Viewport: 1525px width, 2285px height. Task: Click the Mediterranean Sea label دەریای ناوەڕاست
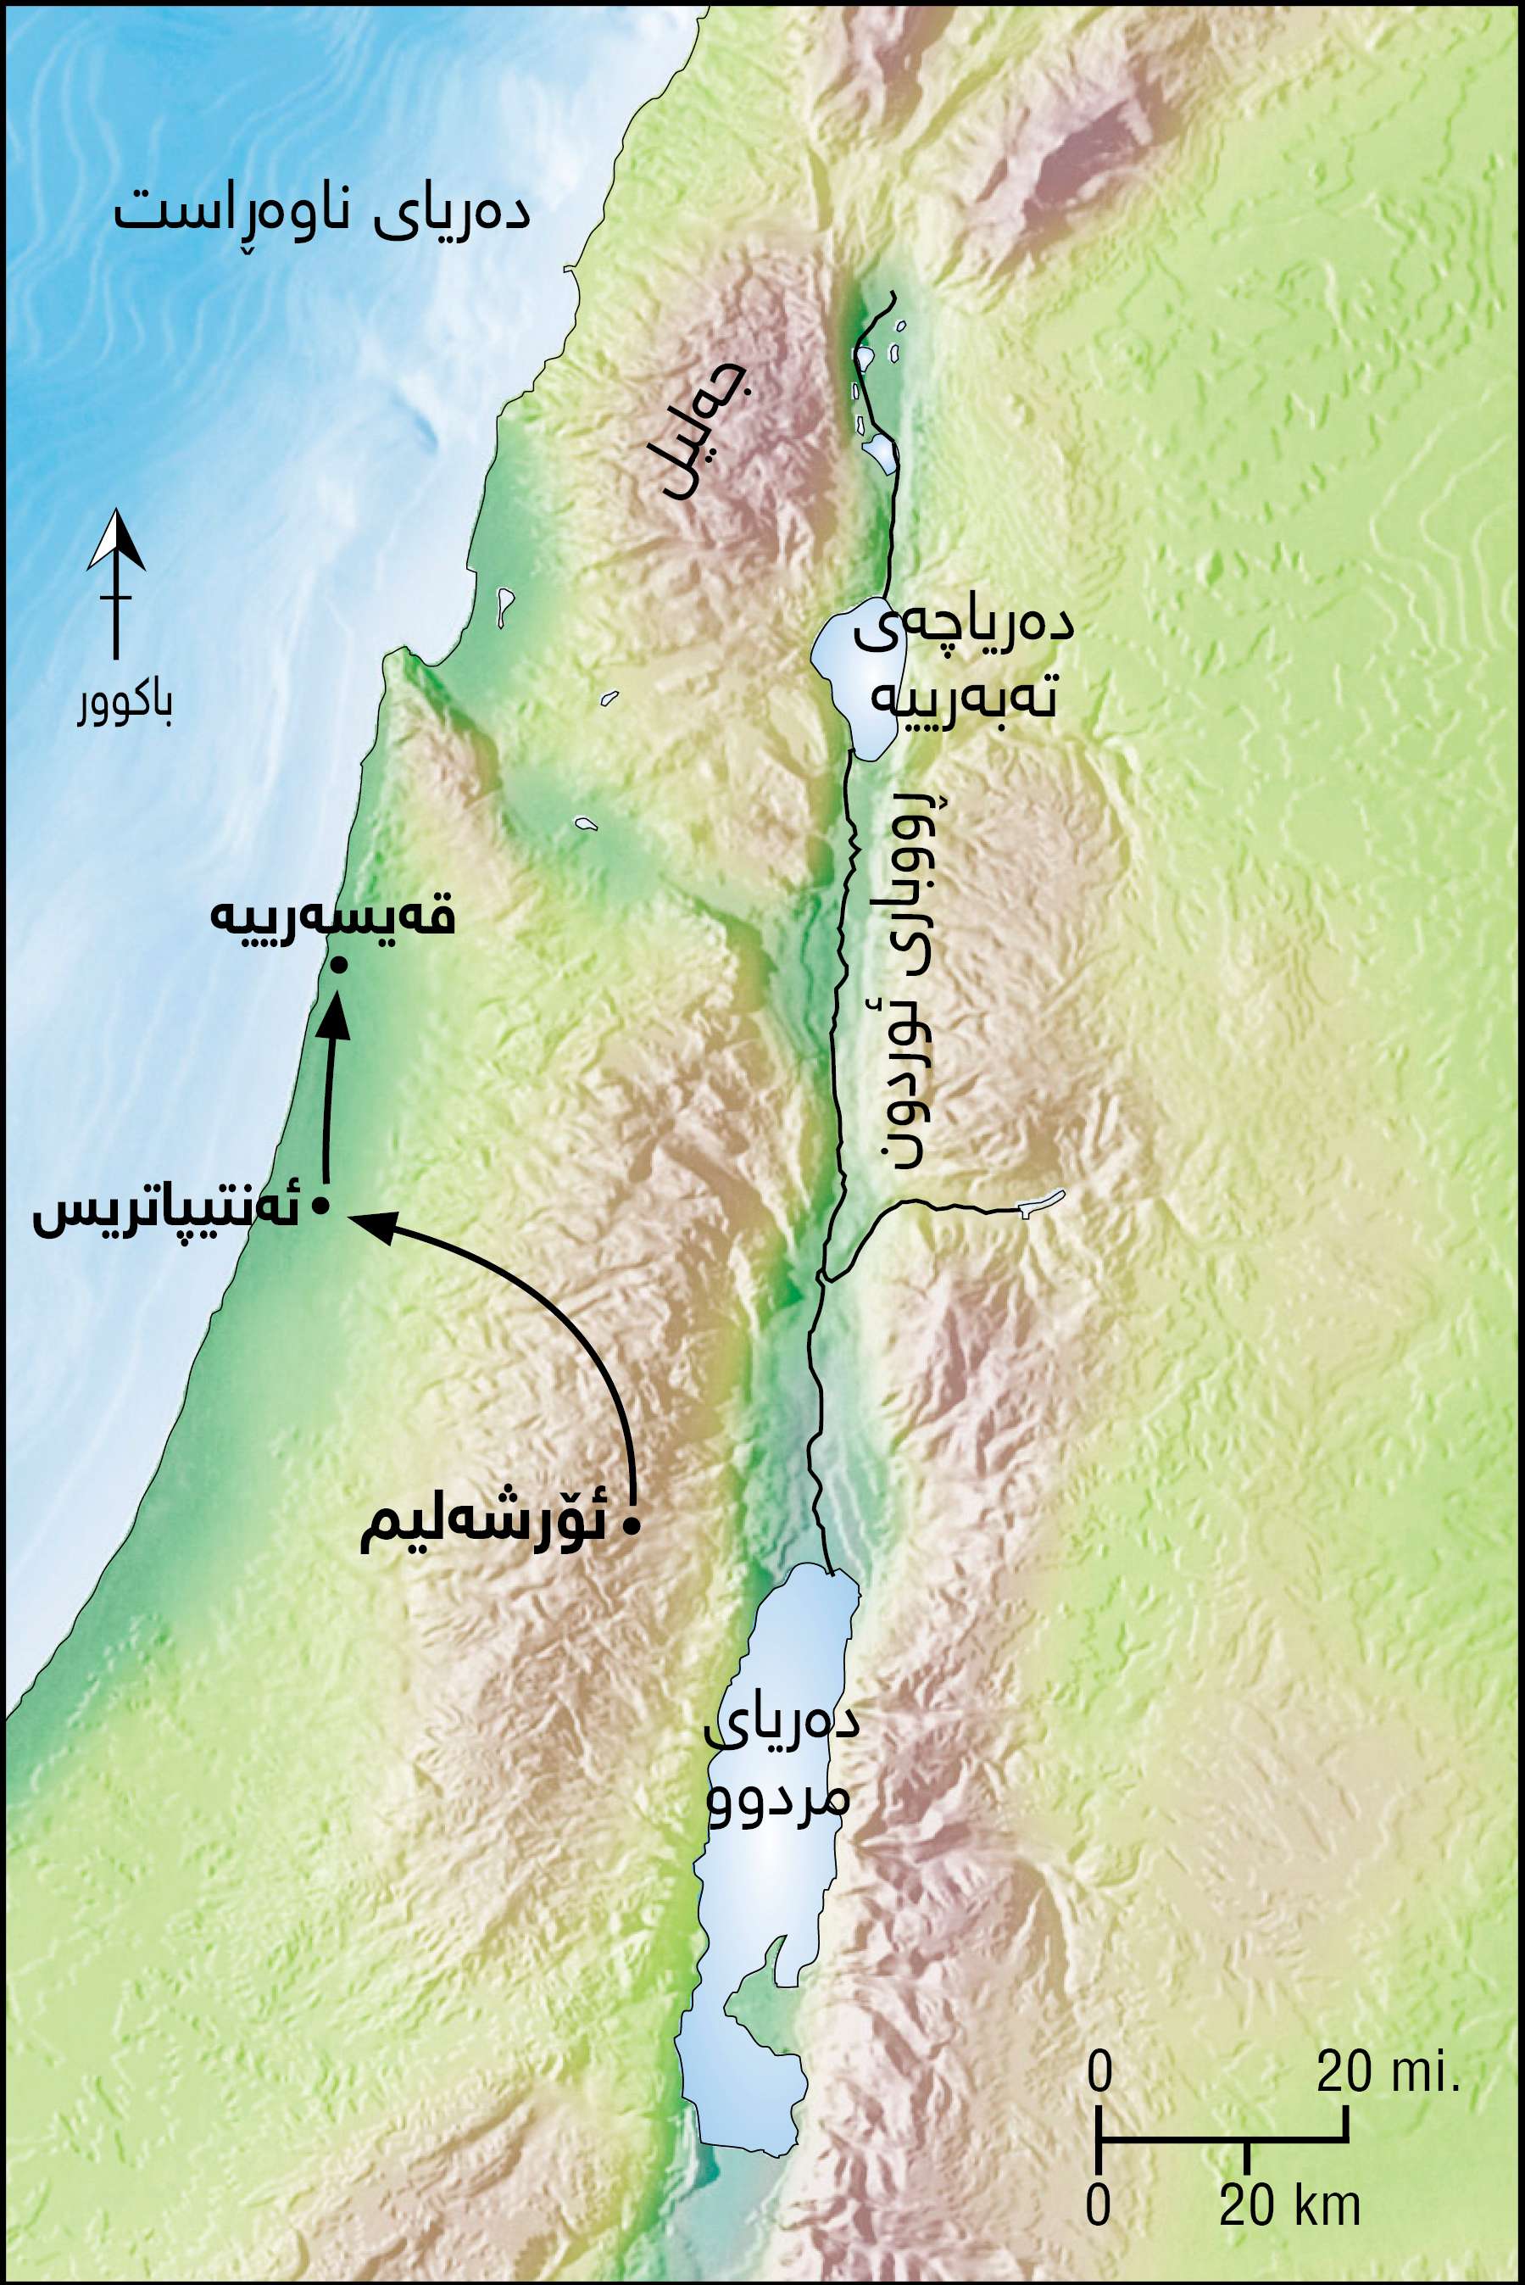(322, 211)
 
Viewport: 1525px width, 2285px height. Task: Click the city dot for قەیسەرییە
(338, 965)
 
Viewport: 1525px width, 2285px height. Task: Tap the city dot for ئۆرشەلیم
(632, 1526)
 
